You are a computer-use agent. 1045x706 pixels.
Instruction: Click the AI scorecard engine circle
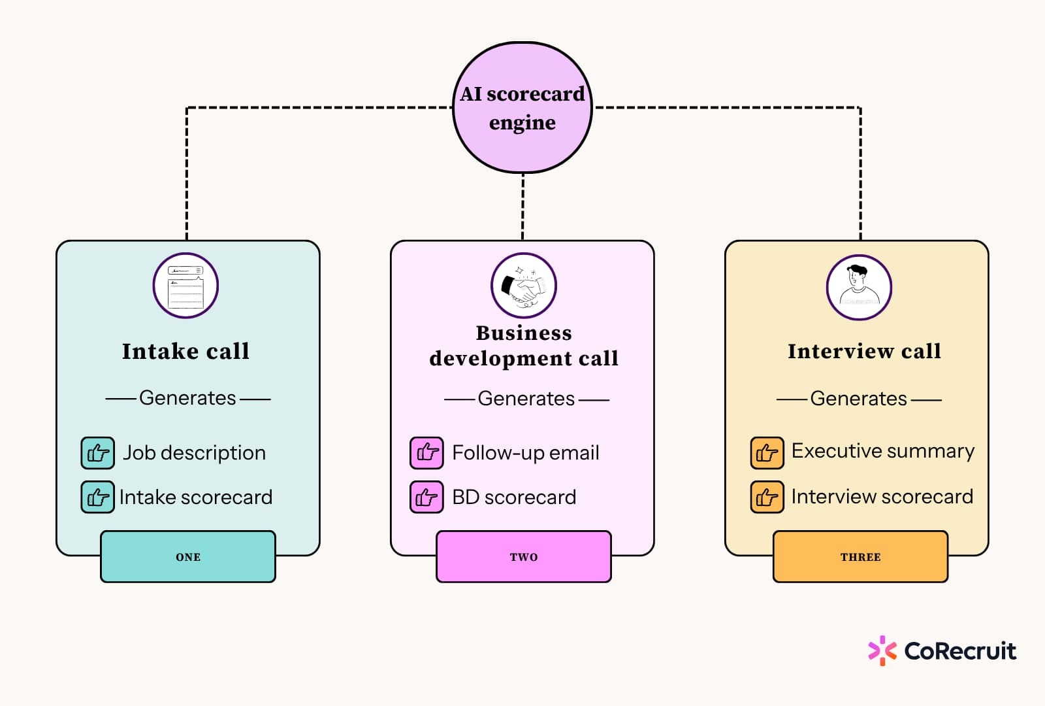pos(522,107)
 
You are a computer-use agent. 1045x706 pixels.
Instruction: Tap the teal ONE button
pos(188,556)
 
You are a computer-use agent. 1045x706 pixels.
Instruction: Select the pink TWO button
pos(523,556)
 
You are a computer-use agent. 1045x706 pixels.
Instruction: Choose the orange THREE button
pos(860,556)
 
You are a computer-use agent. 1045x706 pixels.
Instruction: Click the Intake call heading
pos(185,351)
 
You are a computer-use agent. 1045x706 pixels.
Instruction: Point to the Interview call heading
pos(864,351)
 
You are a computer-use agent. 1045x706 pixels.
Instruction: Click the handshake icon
pos(523,286)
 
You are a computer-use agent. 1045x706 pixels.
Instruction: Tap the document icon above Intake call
pos(185,286)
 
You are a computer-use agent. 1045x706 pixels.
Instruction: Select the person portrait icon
pos(859,287)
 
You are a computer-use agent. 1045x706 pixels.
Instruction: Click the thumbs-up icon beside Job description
pos(97,453)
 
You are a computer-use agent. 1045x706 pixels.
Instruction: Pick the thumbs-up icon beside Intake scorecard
pos(97,497)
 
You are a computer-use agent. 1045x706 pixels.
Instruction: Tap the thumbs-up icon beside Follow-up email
pos(426,453)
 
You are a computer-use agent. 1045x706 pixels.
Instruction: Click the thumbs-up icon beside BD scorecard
pos(426,497)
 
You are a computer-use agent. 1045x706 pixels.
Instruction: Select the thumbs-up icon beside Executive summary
pos(767,453)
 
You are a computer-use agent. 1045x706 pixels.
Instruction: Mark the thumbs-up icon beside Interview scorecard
pos(767,497)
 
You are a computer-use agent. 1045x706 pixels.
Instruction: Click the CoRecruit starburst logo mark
pos(882,650)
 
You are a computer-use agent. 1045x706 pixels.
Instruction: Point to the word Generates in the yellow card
pos(858,399)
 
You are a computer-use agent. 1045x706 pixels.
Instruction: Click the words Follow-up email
pos(526,453)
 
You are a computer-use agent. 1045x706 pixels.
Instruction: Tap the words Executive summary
pos(883,452)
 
